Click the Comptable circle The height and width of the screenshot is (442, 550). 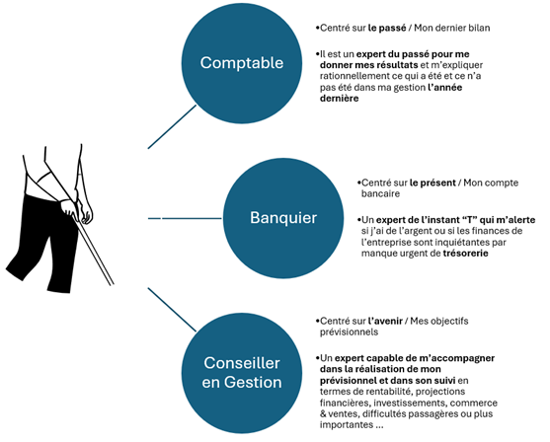pos(242,63)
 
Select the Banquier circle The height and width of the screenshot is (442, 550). pos(283,218)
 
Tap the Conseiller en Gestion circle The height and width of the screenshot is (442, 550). pos(242,373)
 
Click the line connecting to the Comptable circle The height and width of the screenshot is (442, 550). pos(172,127)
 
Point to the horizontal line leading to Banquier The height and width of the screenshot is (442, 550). pos(186,218)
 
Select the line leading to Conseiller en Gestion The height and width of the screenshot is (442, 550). pos(172,310)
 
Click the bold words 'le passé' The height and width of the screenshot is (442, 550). pos(387,28)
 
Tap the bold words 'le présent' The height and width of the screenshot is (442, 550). pos(432,183)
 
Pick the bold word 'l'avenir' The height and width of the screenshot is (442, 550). pos(385,321)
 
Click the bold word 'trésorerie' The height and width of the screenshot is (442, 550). pos(465,254)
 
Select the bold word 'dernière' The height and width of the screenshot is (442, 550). pos(340,98)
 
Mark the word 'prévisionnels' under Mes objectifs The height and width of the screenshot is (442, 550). pos(349,331)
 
